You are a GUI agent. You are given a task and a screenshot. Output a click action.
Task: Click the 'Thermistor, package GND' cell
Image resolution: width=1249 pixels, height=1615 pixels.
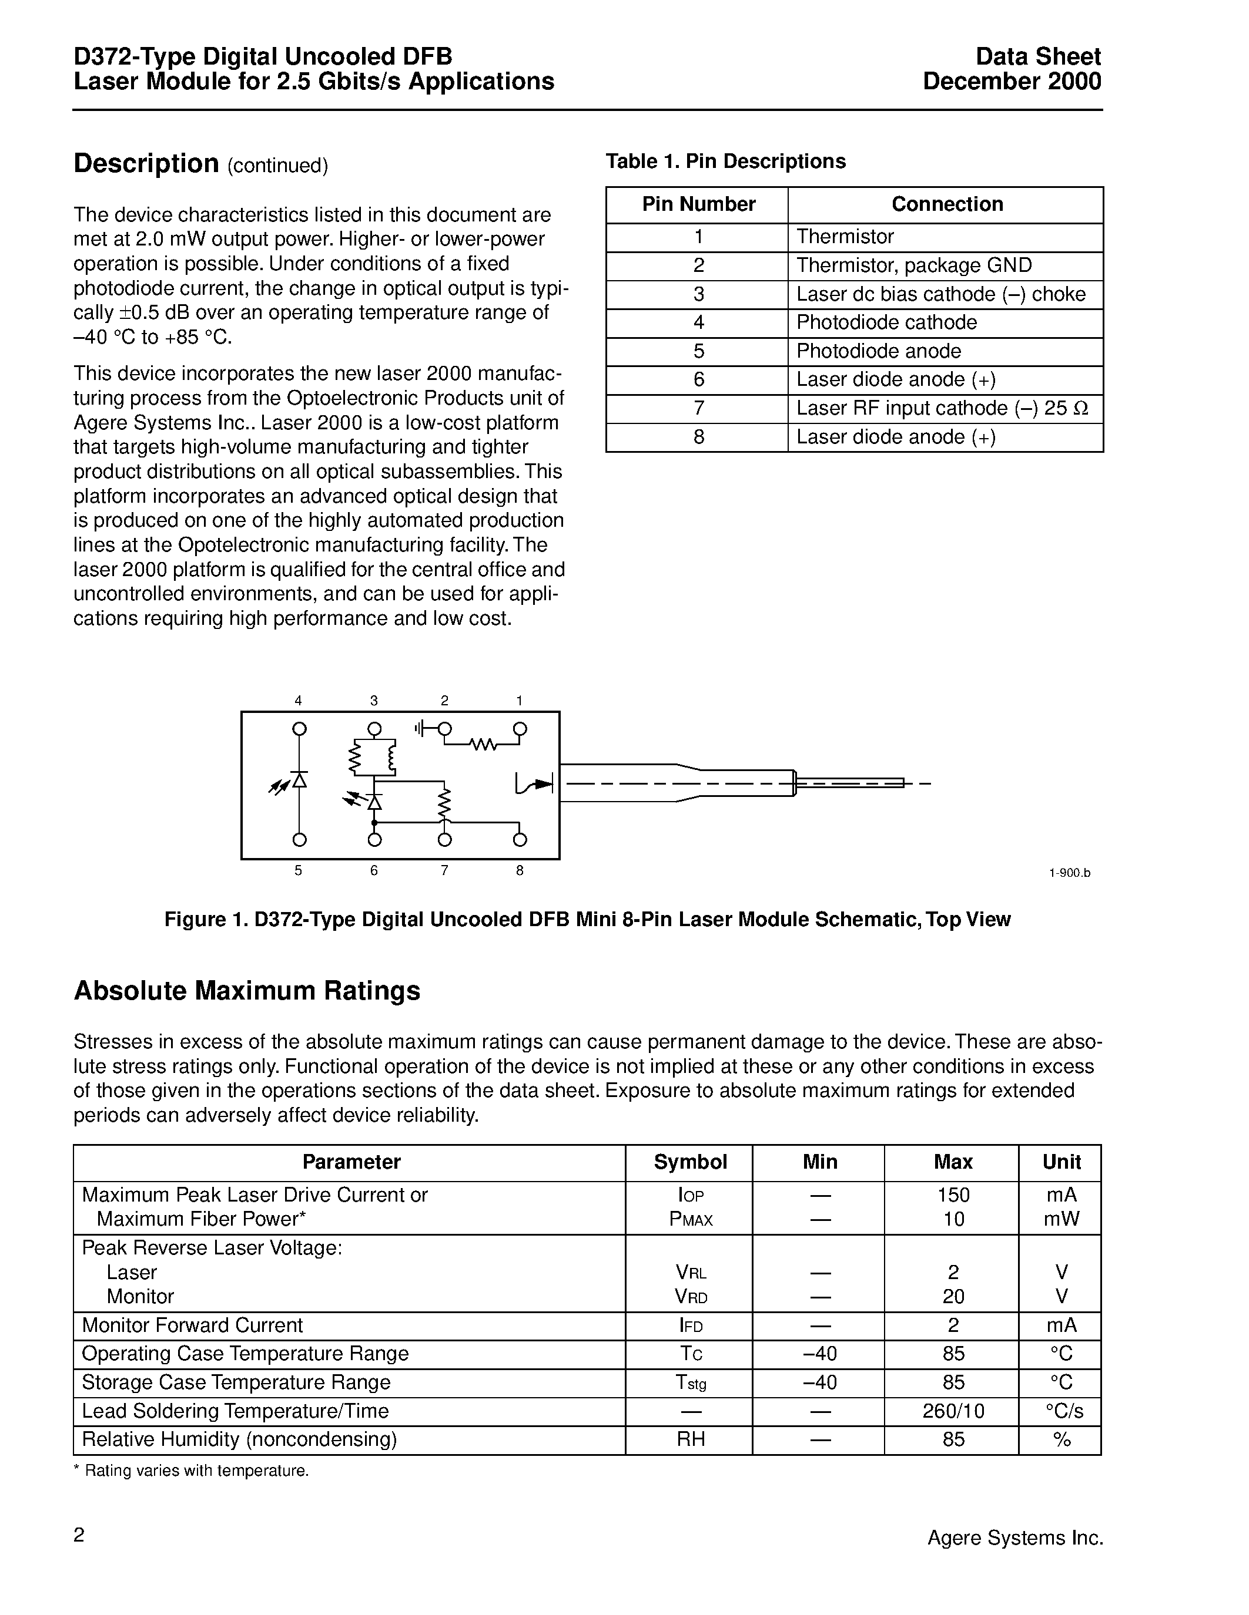click(914, 265)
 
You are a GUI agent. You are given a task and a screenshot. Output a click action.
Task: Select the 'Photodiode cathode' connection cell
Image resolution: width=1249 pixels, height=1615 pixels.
click(886, 322)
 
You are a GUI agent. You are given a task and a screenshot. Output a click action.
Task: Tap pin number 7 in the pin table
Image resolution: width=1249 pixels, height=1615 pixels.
click(698, 408)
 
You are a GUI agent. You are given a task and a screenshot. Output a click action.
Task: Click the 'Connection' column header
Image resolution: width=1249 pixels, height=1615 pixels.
click(946, 204)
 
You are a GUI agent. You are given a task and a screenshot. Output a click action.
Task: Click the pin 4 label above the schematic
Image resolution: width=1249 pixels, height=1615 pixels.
click(298, 700)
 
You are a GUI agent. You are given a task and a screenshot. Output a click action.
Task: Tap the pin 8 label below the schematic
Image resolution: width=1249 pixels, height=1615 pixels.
click(520, 870)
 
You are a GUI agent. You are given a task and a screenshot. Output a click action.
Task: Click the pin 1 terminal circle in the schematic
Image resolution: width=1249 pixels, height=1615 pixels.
click(520, 729)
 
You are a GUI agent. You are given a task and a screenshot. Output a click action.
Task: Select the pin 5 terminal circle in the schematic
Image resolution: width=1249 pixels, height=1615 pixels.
click(299, 839)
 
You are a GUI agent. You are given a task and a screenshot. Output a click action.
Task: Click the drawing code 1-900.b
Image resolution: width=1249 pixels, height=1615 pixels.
click(1069, 873)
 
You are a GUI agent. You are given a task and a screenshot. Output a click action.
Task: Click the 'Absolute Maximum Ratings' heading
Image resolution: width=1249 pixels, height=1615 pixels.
click(246, 991)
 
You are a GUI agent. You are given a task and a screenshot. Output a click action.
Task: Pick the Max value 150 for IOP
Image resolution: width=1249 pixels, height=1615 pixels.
click(953, 1195)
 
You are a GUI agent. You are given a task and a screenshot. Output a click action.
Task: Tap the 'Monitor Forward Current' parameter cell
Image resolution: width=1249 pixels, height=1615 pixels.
click(192, 1325)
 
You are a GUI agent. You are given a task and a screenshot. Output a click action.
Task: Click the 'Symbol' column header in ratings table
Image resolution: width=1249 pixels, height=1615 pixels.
click(691, 1162)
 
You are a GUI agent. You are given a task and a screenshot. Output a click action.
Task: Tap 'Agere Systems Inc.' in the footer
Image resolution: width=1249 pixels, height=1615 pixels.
click(1015, 1538)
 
